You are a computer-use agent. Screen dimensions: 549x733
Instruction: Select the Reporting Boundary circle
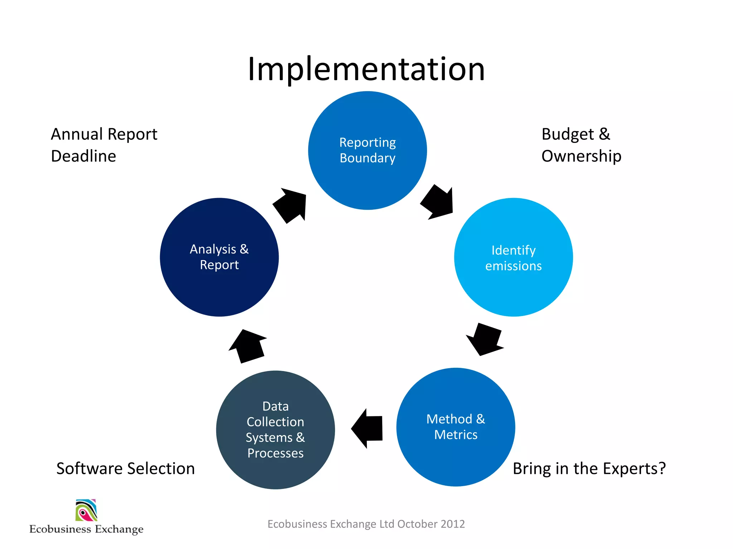tap(367, 150)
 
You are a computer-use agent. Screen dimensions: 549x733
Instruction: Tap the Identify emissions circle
tap(513, 257)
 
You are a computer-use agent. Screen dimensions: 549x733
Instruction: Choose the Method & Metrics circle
tap(456, 427)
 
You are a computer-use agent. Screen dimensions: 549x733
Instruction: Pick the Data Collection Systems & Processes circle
tap(275, 430)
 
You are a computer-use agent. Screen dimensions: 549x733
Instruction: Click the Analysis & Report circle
tap(219, 257)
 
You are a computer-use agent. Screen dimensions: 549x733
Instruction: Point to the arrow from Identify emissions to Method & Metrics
tap(485, 339)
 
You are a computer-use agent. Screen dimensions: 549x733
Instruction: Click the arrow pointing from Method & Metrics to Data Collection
tap(368, 428)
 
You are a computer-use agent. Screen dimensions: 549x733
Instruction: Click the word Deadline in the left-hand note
tap(83, 156)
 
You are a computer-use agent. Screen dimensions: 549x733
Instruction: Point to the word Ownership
tap(581, 156)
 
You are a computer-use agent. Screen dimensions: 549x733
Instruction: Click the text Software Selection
tap(125, 469)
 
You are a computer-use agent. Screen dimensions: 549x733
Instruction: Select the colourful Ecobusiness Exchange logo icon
tap(86, 510)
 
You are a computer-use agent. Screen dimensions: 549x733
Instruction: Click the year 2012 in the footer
tap(452, 524)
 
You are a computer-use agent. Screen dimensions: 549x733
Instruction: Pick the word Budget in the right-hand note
tap(568, 134)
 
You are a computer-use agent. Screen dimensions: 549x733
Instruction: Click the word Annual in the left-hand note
tap(77, 134)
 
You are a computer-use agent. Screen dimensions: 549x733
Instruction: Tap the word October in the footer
tap(417, 524)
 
